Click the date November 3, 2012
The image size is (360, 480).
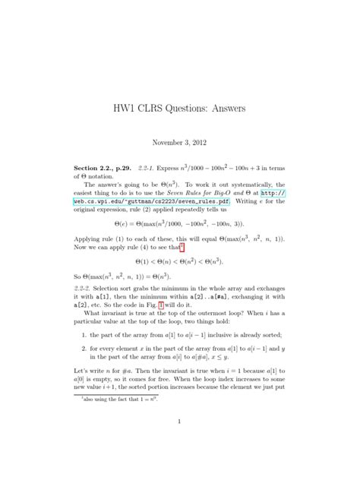click(x=180, y=142)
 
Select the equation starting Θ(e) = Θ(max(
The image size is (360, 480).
click(x=179, y=225)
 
